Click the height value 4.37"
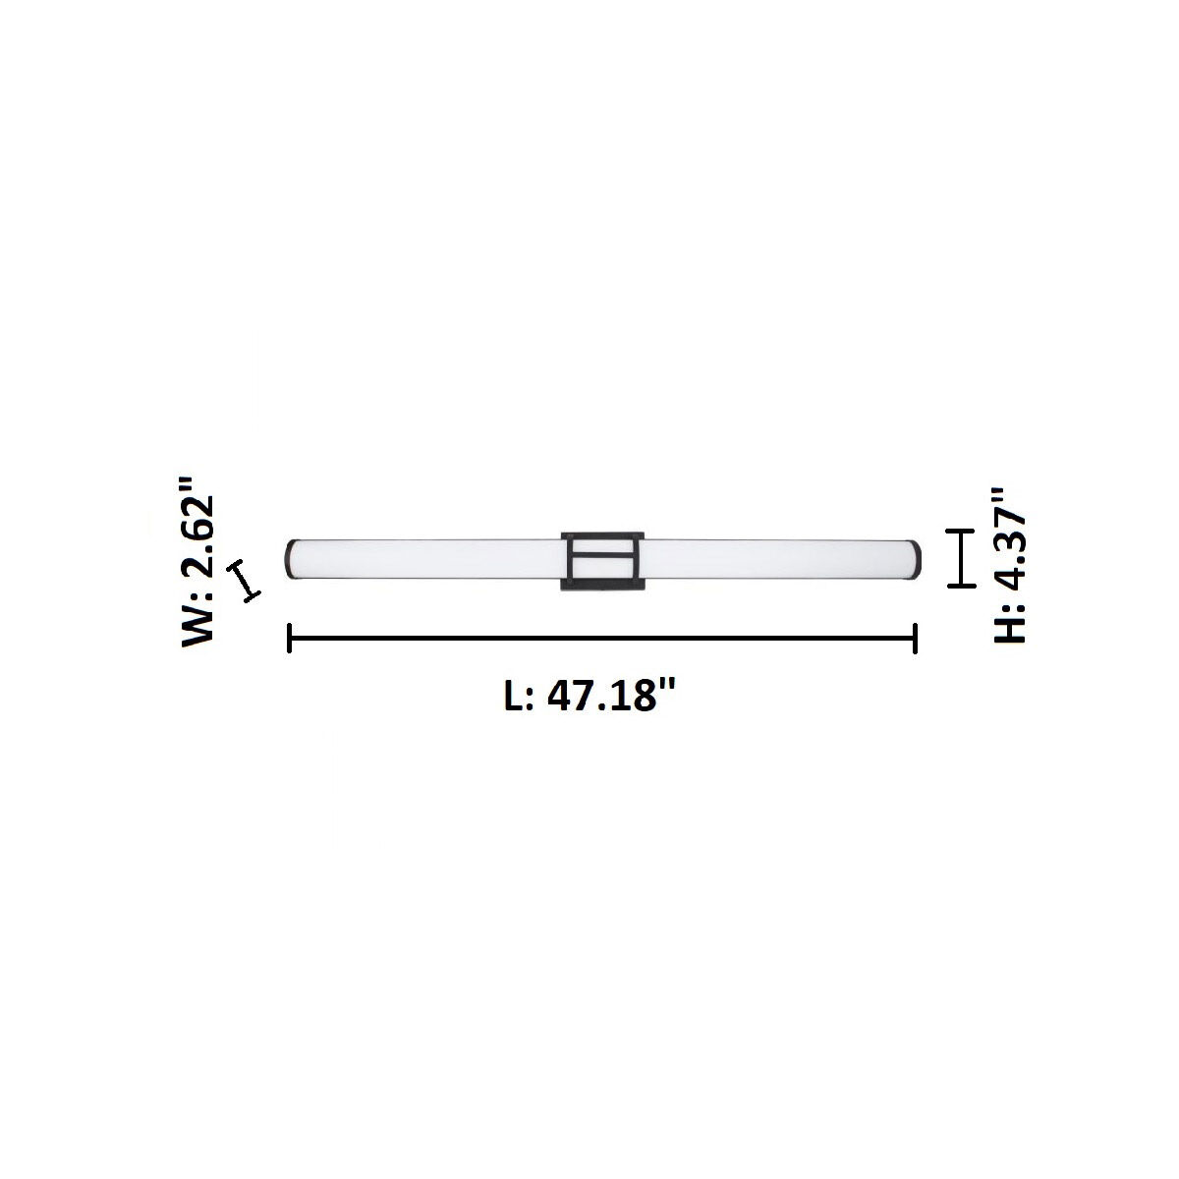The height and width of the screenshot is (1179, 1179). pos(1009,536)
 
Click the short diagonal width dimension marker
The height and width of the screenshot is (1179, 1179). pos(243,581)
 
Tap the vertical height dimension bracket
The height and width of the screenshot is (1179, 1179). pos(960,558)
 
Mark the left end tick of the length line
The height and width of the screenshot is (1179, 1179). pos(289,638)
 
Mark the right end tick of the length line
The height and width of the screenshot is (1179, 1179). pos(916,638)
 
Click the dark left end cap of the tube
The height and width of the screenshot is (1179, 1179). pos(290,558)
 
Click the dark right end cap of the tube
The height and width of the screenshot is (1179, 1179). pos(916,558)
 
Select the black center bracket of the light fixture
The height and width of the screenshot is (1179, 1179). pos(602,561)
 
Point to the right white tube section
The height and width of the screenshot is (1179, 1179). pos(776,558)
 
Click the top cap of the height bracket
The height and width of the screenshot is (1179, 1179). pos(960,531)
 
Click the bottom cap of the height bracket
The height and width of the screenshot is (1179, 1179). pos(960,587)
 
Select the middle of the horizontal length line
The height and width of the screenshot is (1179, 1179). pos(602,638)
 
